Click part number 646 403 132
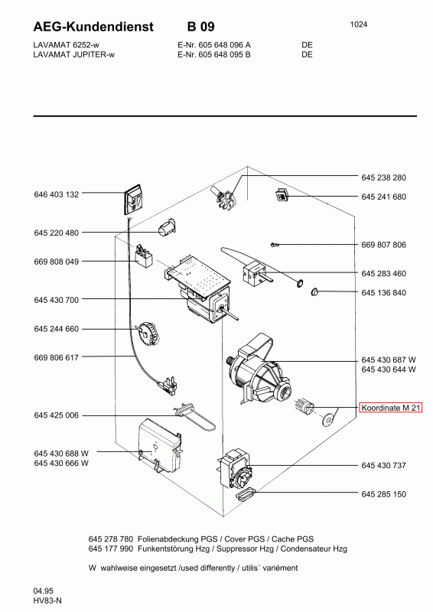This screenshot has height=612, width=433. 56,194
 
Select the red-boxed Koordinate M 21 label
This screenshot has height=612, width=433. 390,408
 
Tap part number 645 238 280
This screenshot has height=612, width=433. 383,177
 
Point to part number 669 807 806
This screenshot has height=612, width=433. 383,245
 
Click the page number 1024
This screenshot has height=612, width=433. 359,24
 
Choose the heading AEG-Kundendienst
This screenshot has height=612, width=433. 93,27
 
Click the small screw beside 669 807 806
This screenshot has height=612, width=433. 274,245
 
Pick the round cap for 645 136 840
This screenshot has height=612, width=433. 314,291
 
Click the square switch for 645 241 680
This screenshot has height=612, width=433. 281,194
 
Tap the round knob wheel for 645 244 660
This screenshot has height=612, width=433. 145,334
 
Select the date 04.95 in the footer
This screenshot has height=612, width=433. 44,591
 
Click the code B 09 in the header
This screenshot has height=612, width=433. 200,27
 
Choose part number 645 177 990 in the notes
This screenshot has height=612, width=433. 111,549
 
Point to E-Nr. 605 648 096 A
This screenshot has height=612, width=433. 214,45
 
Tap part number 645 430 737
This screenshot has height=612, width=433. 383,465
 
